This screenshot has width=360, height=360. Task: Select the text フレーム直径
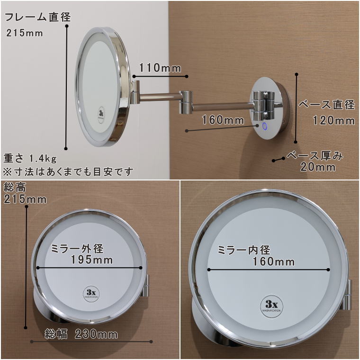37,18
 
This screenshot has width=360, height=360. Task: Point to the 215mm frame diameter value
25,33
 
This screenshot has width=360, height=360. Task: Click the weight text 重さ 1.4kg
30,157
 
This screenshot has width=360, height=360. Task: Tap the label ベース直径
327,105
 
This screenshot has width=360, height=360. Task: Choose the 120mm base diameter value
333,121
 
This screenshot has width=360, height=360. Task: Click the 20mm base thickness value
318,167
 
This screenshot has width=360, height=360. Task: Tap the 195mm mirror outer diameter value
91,260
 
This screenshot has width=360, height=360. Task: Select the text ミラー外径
77,249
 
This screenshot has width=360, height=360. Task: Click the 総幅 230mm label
81,334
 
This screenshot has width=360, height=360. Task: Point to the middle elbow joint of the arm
185,102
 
